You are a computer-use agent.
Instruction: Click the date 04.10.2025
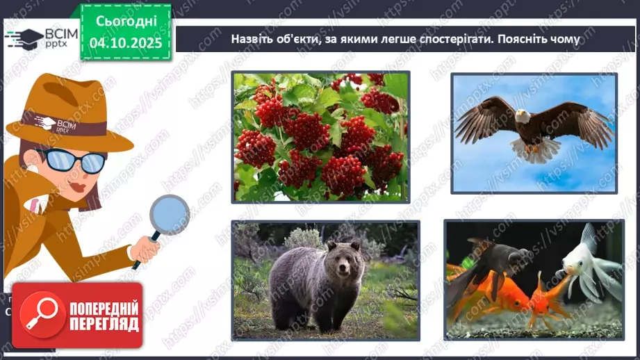click(125, 43)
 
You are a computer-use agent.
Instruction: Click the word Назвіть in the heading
click(252, 39)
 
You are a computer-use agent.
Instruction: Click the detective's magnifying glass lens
click(169, 214)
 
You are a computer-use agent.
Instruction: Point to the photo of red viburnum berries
click(320, 136)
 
